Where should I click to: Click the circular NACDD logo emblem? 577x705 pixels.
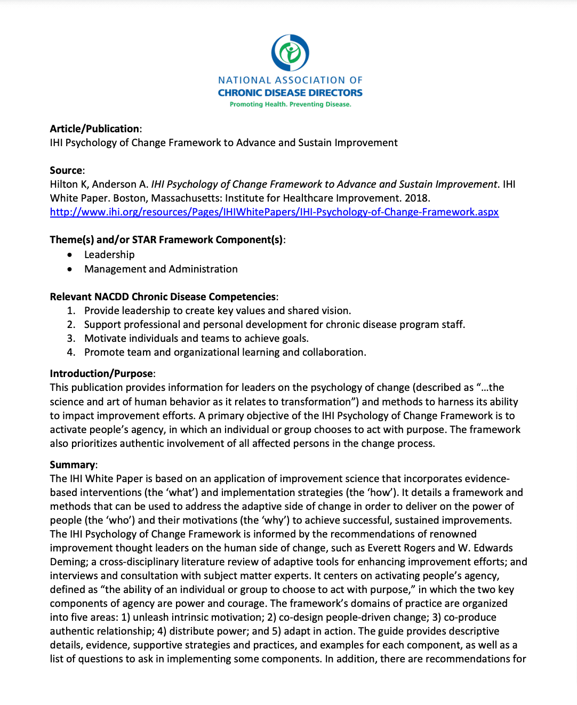[290, 52]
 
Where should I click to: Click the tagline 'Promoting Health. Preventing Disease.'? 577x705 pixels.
[290, 105]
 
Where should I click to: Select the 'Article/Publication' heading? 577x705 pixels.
[94, 129]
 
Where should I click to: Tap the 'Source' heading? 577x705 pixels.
[66, 170]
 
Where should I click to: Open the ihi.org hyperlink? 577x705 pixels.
[274, 212]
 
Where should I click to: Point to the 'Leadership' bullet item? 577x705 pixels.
[109, 254]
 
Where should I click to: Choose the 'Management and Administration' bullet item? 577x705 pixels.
[161, 269]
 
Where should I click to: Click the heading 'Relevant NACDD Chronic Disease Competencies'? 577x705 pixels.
[163, 297]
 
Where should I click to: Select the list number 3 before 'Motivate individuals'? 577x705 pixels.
[71, 338]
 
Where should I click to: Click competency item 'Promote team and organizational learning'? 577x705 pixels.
[225, 352]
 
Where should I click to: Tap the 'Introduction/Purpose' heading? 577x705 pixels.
[101, 373]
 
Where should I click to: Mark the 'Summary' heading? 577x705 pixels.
[73, 464]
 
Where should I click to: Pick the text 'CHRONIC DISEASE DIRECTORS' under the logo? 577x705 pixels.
[290, 93]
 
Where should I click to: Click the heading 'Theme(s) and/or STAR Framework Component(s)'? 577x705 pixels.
[166, 239]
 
